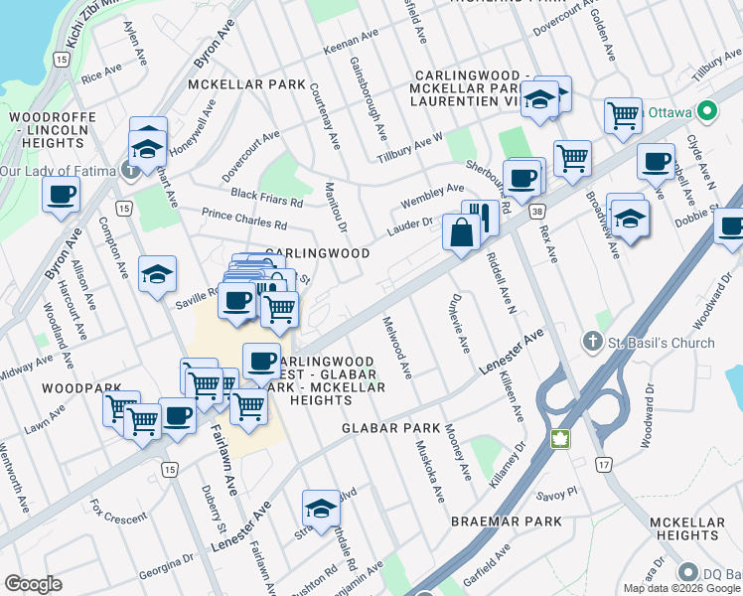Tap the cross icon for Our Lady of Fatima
click(x=131, y=171)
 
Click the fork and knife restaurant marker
click(x=481, y=217)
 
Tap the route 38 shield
click(x=537, y=212)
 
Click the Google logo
click(x=34, y=584)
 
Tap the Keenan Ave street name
click(x=353, y=50)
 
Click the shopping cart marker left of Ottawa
click(x=623, y=115)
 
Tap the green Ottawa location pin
click(x=707, y=111)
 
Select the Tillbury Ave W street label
click(x=409, y=150)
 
